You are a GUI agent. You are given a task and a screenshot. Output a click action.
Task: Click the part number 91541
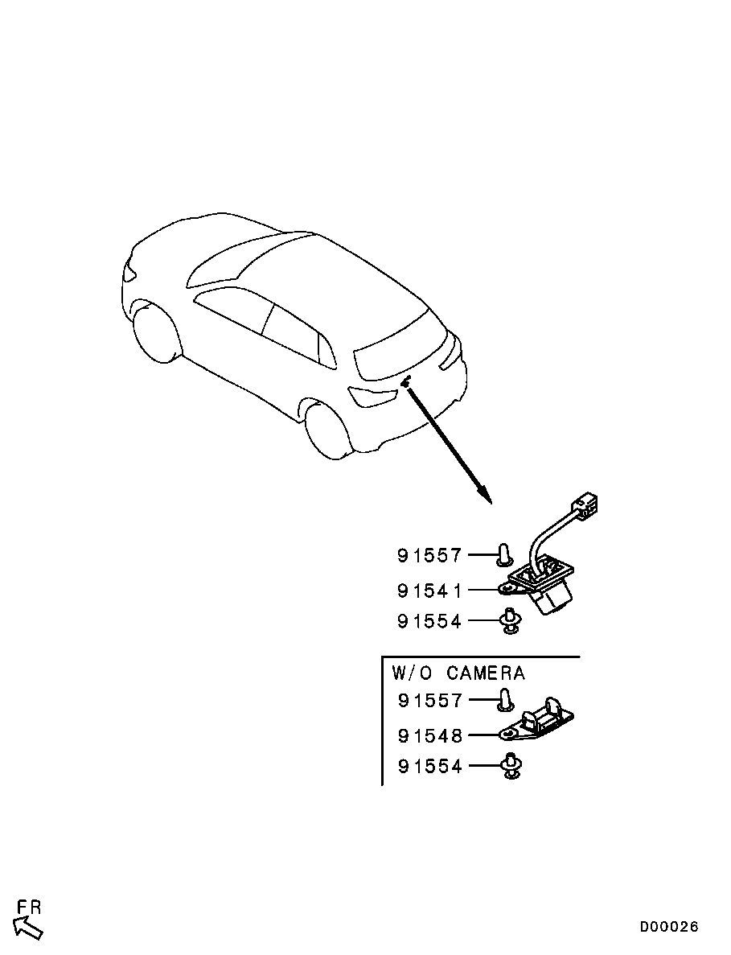pos(429,591)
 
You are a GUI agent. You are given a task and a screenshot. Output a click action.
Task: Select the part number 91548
pos(429,735)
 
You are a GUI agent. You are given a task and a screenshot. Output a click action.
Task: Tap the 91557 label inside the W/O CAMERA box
pos(429,701)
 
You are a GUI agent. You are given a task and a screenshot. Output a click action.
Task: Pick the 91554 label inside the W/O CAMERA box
pos(429,767)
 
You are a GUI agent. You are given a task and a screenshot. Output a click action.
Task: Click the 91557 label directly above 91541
pos(429,556)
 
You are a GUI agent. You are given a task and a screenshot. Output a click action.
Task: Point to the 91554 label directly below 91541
pos(429,622)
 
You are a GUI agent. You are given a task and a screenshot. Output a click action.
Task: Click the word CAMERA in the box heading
pos(485,673)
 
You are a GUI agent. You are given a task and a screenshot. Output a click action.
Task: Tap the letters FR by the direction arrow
pos(30,908)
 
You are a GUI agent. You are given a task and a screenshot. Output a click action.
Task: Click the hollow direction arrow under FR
pos(28,927)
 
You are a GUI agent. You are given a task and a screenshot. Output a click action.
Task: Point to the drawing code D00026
pos(669,927)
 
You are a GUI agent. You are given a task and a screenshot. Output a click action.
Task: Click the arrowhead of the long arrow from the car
pos(483,495)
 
